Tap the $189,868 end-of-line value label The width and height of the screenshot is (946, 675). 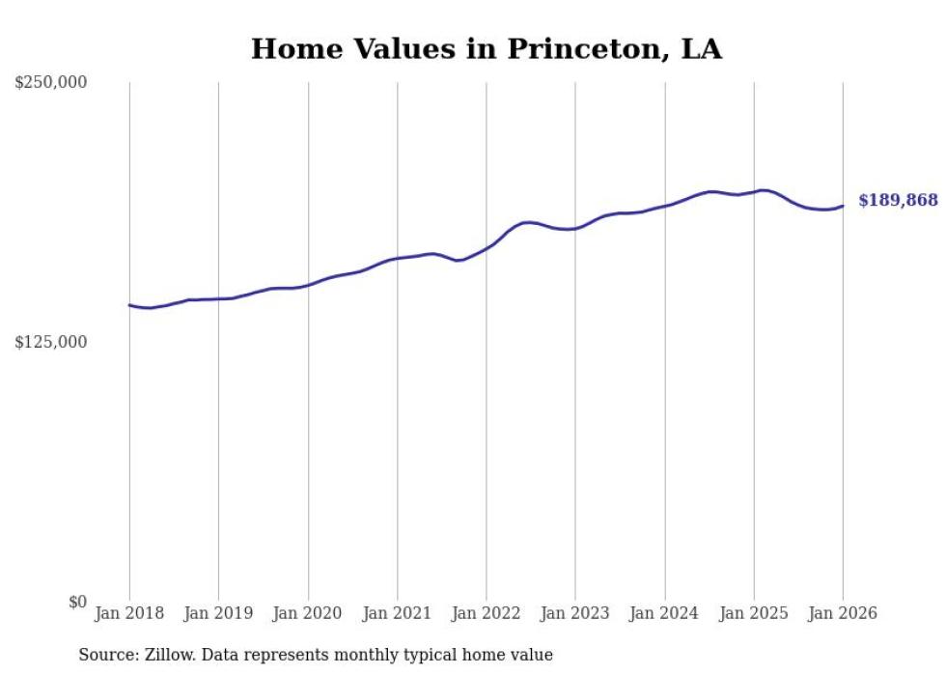pos(898,201)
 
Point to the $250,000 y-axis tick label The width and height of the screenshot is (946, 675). pos(51,83)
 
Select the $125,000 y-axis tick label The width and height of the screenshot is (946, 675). pos(51,343)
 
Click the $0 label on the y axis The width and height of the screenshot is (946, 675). pos(77,603)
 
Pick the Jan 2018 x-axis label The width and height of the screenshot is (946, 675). pos(129,614)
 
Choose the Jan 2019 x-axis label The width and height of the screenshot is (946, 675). pos(218,614)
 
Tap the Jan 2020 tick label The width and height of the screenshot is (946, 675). pos(308,614)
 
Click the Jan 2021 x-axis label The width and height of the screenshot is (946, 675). pos(397,614)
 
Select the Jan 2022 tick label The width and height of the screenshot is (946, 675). pos(487,614)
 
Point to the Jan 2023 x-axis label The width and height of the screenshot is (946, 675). pos(575,614)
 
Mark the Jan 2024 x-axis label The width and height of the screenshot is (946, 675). pos(665,614)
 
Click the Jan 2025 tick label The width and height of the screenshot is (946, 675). pos(754,614)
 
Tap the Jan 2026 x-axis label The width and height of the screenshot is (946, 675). pos(843,614)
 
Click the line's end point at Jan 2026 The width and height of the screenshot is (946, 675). pos(843,206)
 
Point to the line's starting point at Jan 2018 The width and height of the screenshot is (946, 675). pos(129,305)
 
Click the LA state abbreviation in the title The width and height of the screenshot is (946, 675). pos(702,49)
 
